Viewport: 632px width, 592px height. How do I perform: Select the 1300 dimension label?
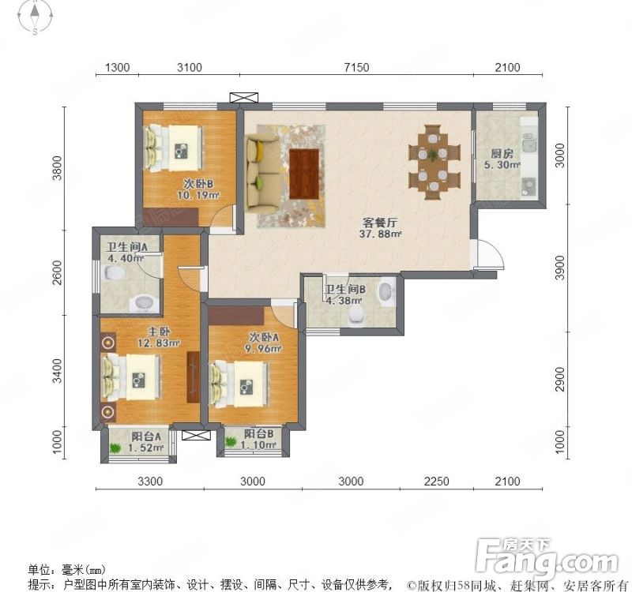117,67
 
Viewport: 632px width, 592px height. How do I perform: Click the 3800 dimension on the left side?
57,167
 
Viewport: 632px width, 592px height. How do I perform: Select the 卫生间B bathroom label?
344,290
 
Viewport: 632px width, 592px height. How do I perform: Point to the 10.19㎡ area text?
196,197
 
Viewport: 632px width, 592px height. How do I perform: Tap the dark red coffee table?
305,174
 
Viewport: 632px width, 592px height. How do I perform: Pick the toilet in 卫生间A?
114,273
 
